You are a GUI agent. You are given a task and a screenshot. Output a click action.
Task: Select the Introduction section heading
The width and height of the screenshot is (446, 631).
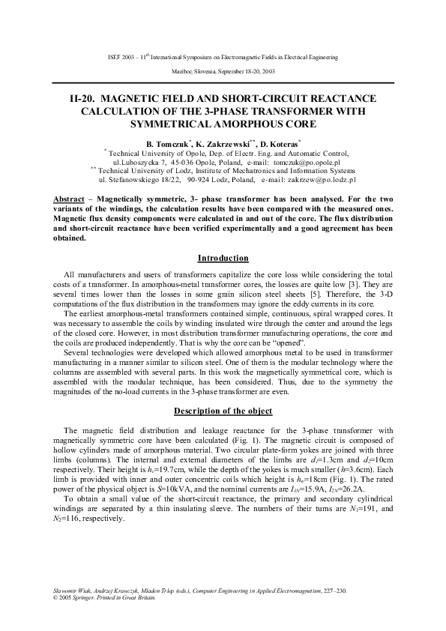pyautogui.click(x=223, y=258)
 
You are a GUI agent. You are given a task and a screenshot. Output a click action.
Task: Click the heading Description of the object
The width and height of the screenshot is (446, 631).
pyautogui.click(x=223, y=411)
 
